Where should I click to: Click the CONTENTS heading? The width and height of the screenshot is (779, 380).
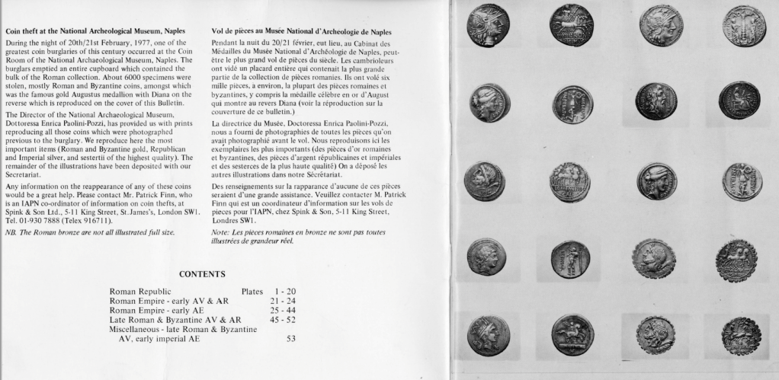click(x=201, y=273)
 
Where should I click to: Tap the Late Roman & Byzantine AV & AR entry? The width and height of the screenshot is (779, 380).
click(x=175, y=321)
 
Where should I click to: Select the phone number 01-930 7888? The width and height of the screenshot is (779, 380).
click(x=46, y=222)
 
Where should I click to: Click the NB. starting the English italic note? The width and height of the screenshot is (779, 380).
click(x=11, y=232)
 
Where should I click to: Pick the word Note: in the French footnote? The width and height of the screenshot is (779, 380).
click(x=222, y=232)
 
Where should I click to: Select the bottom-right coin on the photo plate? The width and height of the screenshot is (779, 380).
click(x=742, y=334)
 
